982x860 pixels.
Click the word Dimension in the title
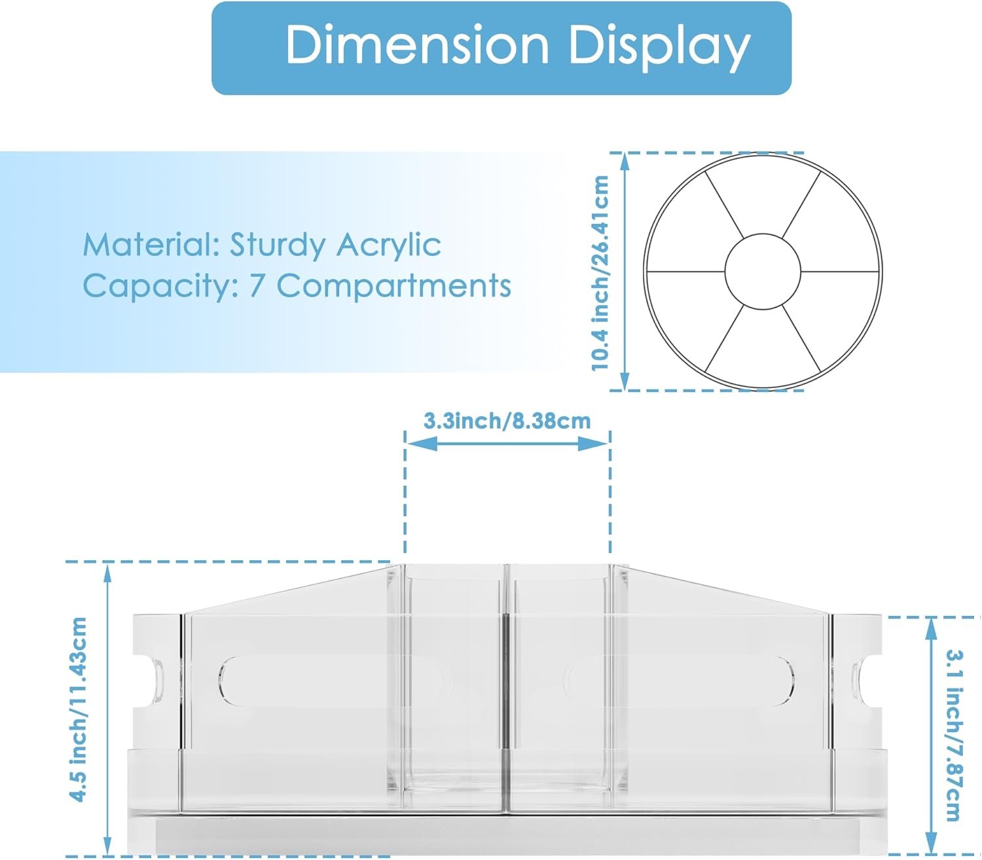pyautogui.click(x=417, y=45)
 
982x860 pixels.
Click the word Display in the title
pyautogui.click(x=660, y=48)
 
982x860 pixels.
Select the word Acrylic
pyautogui.click(x=389, y=245)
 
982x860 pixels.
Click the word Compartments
pyautogui.click(x=393, y=287)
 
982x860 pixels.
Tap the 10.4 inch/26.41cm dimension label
pyautogui.click(x=600, y=273)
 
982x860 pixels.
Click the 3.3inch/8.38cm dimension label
pyautogui.click(x=507, y=421)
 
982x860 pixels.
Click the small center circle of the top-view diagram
pyautogui.click(x=763, y=272)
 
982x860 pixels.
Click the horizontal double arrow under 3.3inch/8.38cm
pyautogui.click(x=507, y=443)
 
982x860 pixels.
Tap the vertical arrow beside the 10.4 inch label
pyautogui.click(x=625, y=272)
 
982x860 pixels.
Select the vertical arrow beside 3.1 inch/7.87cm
pyautogui.click(x=931, y=736)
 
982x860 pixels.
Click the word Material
pyautogui.click(x=151, y=245)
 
